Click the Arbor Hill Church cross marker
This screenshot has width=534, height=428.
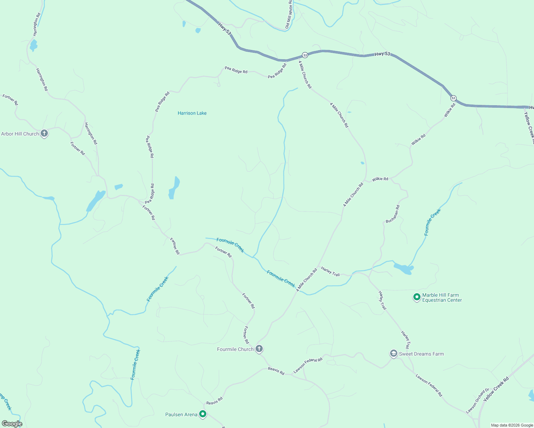(x=44, y=134)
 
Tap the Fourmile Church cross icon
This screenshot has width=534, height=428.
(x=260, y=349)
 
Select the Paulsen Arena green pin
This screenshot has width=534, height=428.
(x=203, y=414)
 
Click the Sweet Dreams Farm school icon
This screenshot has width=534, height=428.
(x=393, y=353)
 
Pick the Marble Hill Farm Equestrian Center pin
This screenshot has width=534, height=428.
(x=416, y=297)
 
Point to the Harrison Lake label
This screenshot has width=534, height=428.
(x=192, y=113)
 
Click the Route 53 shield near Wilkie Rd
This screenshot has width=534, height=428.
(x=453, y=98)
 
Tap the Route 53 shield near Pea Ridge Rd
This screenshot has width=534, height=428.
(x=305, y=55)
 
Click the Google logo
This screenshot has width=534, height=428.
(x=12, y=424)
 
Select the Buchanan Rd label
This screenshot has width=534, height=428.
(x=393, y=214)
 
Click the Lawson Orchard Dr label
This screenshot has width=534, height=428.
(x=477, y=401)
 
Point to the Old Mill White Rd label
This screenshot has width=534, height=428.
(x=289, y=15)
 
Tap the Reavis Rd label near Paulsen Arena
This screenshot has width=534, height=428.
(x=215, y=401)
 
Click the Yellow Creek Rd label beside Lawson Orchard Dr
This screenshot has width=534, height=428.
(x=496, y=389)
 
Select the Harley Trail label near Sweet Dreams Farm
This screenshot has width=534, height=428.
(x=405, y=340)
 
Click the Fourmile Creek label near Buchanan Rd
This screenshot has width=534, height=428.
(x=433, y=222)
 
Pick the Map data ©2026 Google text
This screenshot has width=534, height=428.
(x=512, y=425)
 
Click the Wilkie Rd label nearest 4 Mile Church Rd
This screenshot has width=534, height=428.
(x=380, y=179)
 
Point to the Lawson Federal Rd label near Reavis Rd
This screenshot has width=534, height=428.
(x=308, y=365)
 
